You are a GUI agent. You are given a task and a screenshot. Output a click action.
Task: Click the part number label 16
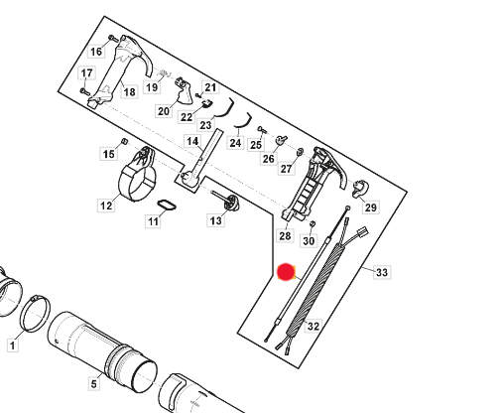(96, 51)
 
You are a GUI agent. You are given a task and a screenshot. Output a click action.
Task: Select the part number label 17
(87, 73)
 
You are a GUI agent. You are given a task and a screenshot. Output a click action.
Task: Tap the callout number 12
(105, 206)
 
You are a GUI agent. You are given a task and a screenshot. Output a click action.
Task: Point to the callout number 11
(153, 222)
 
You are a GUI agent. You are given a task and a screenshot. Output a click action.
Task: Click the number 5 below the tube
(93, 383)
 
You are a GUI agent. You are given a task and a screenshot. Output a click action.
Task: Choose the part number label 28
(285, 235)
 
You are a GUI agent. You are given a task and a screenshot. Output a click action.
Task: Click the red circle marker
(286, 272)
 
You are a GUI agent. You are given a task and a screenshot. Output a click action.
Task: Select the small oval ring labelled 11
(166, 206)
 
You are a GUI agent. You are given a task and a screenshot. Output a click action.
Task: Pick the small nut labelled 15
(125, 143)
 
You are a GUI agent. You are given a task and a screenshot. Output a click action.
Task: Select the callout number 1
(12, 345)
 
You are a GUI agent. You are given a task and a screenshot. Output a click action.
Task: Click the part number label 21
(210, 87)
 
